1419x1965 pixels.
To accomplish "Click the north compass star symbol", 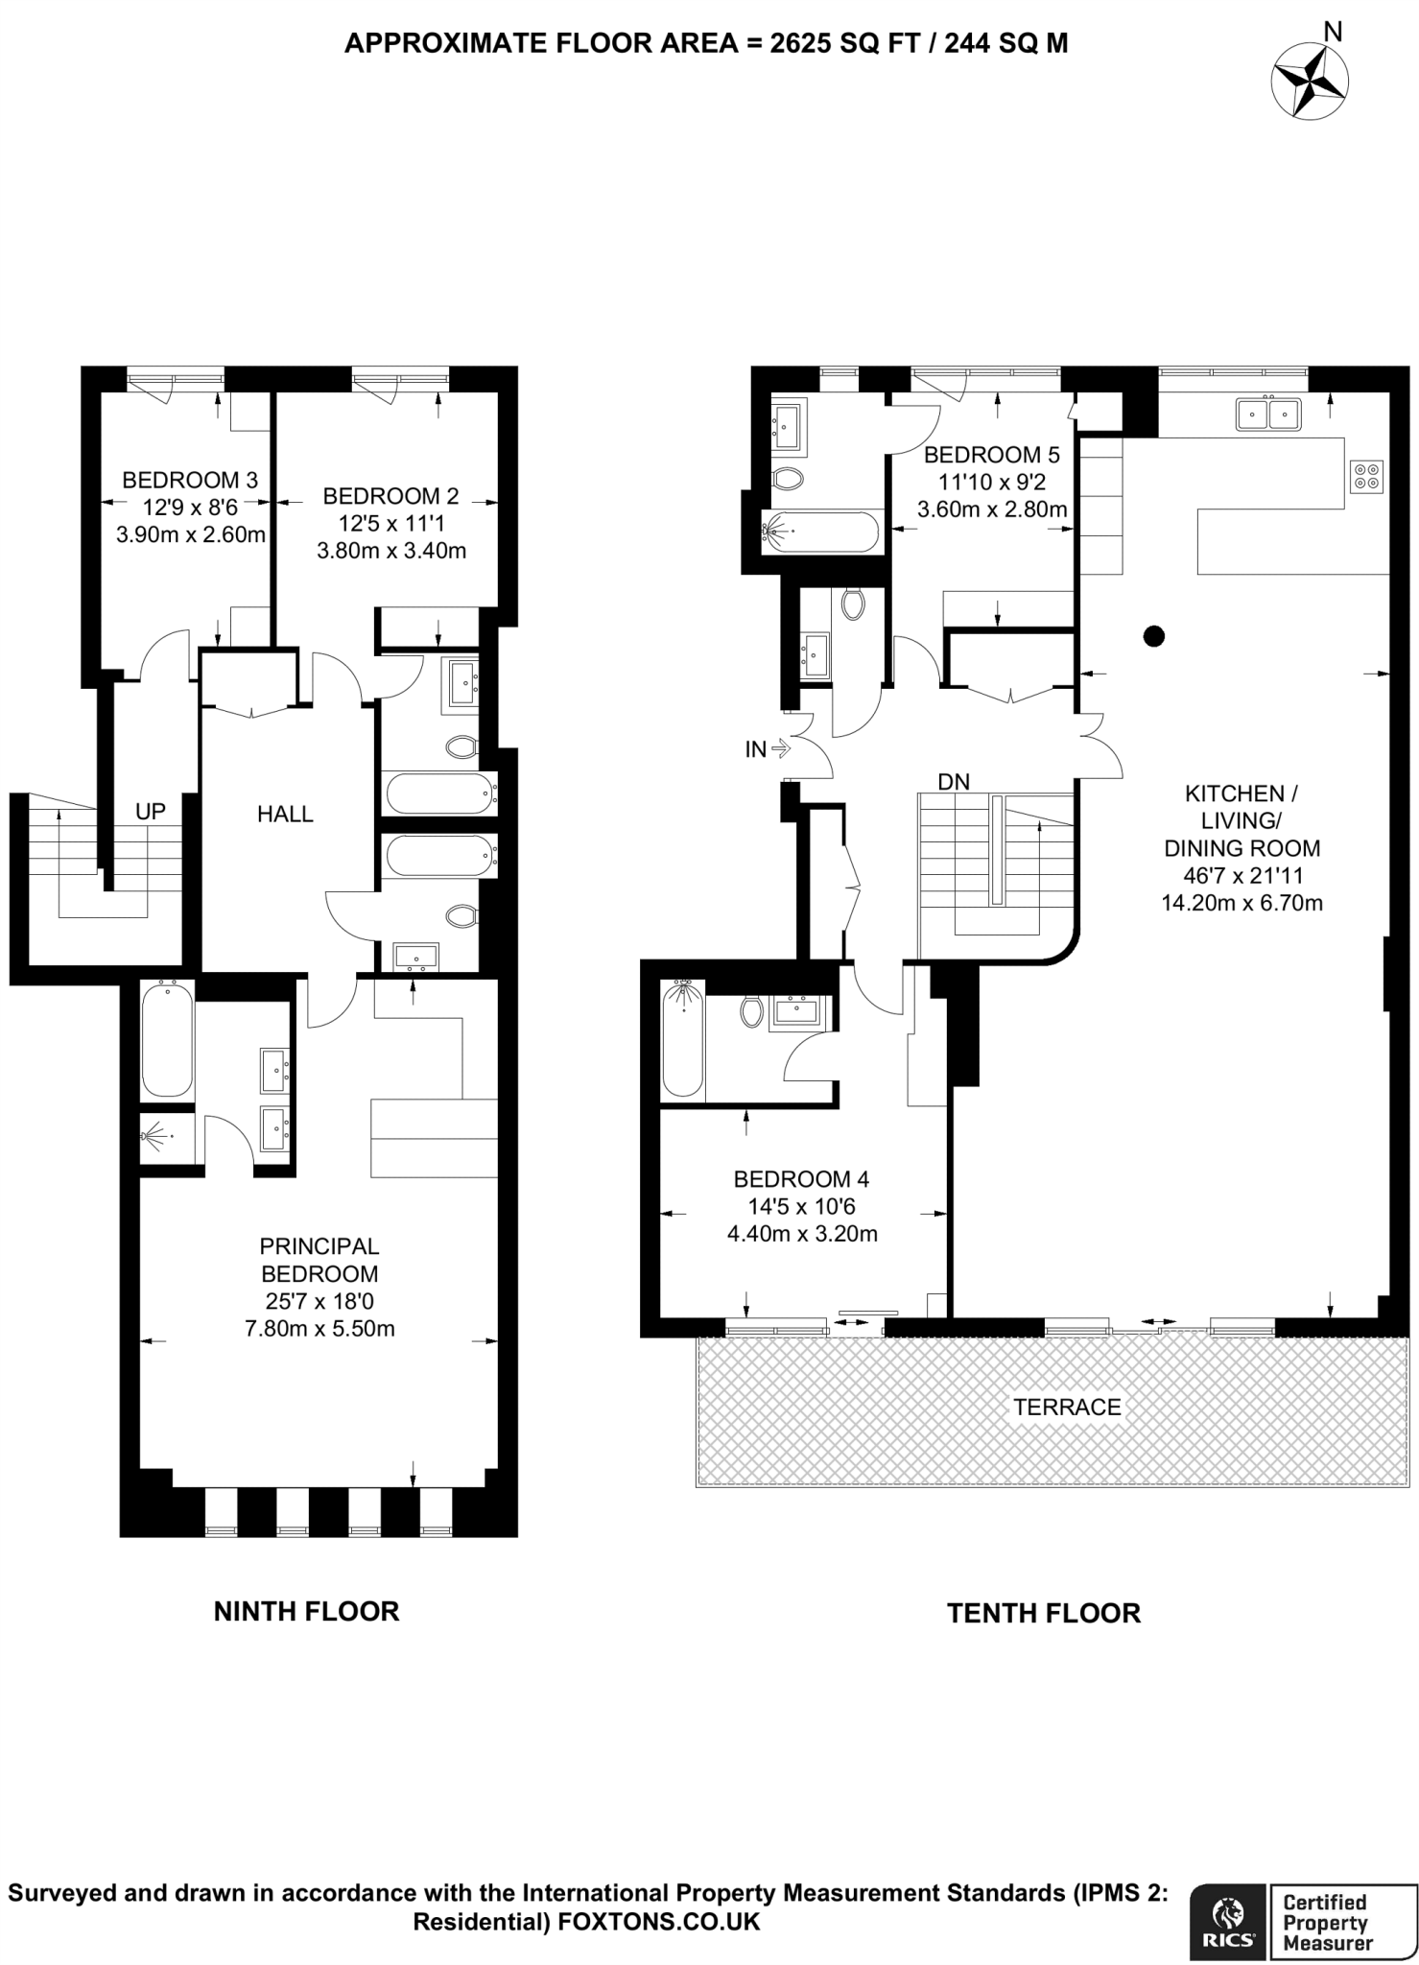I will [x=1310, y=83].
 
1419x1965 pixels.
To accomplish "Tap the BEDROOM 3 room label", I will [x=190, y=480].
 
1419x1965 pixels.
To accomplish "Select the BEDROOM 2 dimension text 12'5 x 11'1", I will [x=390, y=524].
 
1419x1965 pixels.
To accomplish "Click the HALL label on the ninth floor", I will [x=285, y=815].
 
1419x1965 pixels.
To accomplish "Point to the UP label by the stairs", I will [x=150, y=812].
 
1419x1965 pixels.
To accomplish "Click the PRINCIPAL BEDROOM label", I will [x=319, y=1260].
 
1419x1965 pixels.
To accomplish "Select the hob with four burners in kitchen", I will [x=1366, y=476].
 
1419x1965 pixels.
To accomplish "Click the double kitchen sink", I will [x=1268, y=414].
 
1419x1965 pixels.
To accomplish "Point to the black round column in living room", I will [x=1154, y=635].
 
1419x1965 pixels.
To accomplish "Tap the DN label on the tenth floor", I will [x=954, y=782].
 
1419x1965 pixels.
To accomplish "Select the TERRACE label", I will [x=1067, y=1408].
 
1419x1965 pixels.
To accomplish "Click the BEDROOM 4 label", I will [x=801, y=1179].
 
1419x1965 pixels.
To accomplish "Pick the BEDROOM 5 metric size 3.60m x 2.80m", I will [x=992, y=509].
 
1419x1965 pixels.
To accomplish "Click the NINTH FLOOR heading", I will [x=306, y=1612].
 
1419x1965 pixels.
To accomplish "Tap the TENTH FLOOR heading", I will [x=1044, y=1614].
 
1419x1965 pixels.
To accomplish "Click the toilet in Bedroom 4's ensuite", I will [x=751, y=1011].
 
